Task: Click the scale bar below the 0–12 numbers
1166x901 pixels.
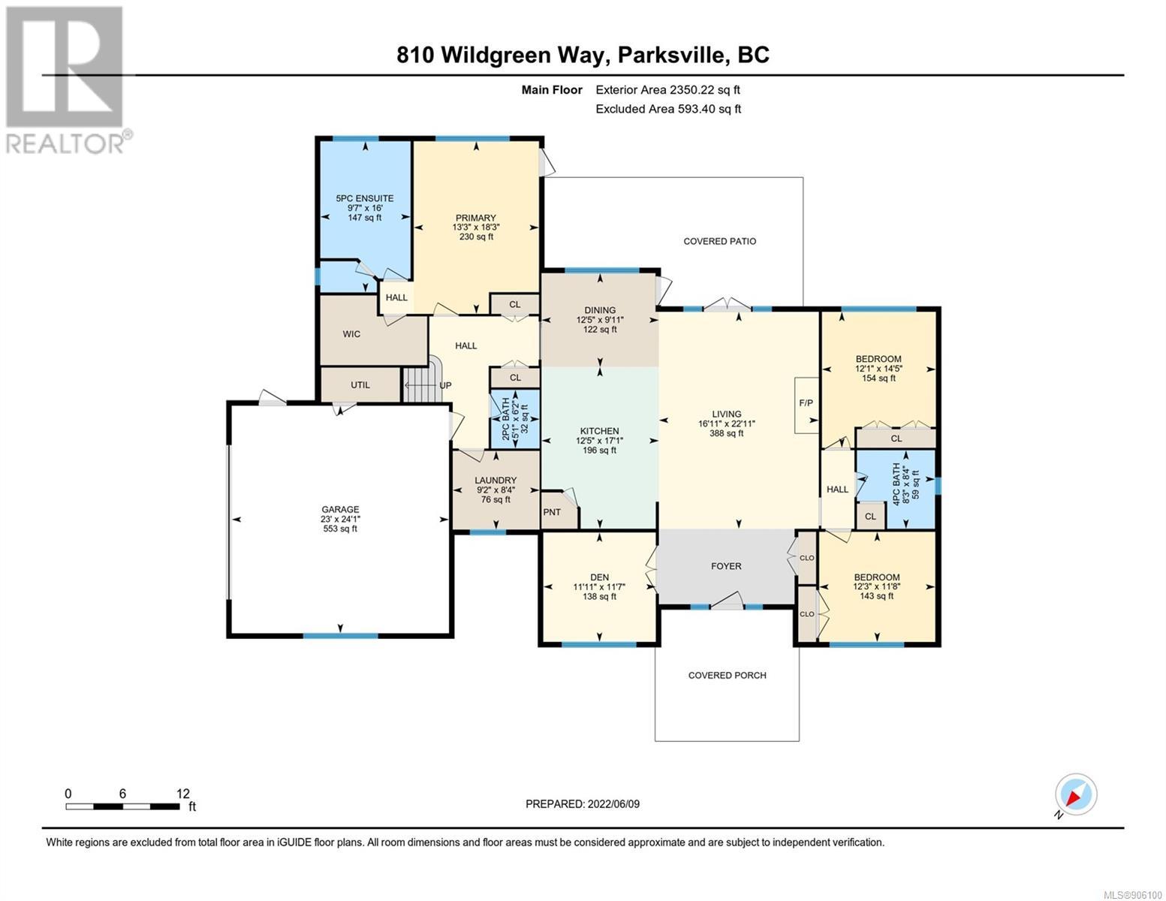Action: [x=122, y=806]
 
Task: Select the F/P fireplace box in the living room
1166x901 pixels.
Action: [x=806, y=405]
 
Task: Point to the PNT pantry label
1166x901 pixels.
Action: [x=552, y=512]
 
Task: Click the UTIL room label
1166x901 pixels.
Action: [x=360, y=385]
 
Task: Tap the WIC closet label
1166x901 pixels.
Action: [x=351, y=334]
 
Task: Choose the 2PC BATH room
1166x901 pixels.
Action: [x=515, y=419]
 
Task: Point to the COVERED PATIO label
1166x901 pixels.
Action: [x=719, y=242]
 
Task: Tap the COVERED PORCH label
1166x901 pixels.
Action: [x=727, y=676]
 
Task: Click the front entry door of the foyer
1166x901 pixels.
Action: [x=727, y=601]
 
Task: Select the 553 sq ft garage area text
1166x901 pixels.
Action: [x=340, y=529]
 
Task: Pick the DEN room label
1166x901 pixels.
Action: [x=599, y=577]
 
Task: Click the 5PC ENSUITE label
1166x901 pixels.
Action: [x=365, y=198]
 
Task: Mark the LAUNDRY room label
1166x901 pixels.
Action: [x=496, y=481]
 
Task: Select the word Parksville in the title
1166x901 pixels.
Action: [x=670, y=56]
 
